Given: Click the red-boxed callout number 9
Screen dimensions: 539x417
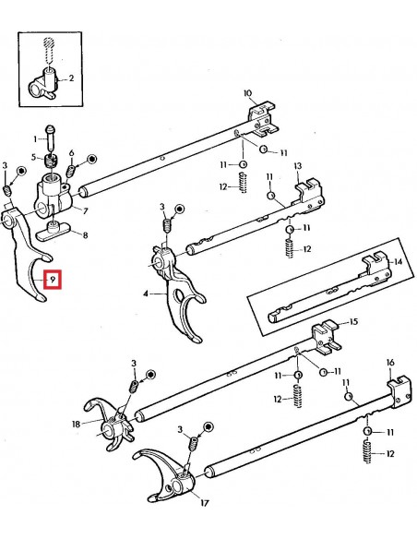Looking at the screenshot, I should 54,277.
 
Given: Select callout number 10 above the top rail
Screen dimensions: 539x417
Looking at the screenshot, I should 247,93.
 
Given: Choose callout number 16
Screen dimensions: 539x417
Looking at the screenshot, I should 390,362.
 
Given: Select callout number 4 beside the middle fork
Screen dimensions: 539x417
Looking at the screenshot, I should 145,293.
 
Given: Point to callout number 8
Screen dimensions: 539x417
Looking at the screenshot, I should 86,235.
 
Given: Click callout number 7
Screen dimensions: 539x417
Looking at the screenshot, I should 85,211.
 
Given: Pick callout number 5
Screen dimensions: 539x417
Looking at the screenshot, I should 35,157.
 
